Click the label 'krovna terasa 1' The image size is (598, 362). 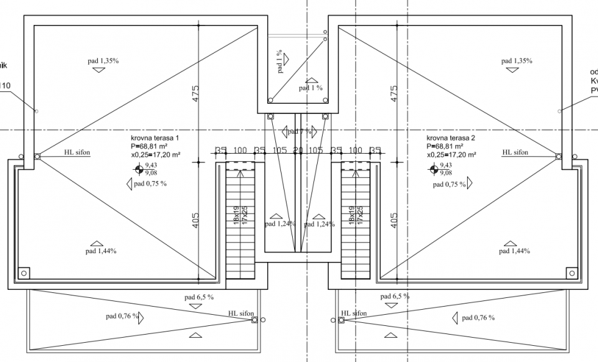pyautogui.click(x=154, y=137)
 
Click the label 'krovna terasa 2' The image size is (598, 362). pyautogui.click(x=450, y=137)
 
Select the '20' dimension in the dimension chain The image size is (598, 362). pyautogui.click(x=298, y=151)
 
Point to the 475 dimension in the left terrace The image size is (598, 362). pyautogui.click(x=195, y=93)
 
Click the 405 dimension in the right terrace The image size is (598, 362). pyautogui.click(x=393, y=221)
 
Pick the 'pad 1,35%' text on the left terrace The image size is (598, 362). pyautogui.click(x=103, y=60)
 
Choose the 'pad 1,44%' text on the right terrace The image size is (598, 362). pyautogui.click(x=515, y=251)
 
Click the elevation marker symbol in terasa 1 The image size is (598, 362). pyautogui.click(x=138, y=169)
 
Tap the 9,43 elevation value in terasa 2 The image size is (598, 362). pyautogui.click(x=445, y=165)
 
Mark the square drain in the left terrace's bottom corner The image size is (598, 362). pyautogui.click(x=24, y=273)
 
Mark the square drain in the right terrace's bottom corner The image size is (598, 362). pyautogui.click(x=571, y=273)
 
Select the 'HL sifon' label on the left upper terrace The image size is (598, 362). pyautogui.click(x=77, y=151)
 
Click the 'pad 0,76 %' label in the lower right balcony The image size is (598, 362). pyautogui.click(x=478, y=318)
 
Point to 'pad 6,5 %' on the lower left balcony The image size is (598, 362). pyautogui.click(x=199, y=297)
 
